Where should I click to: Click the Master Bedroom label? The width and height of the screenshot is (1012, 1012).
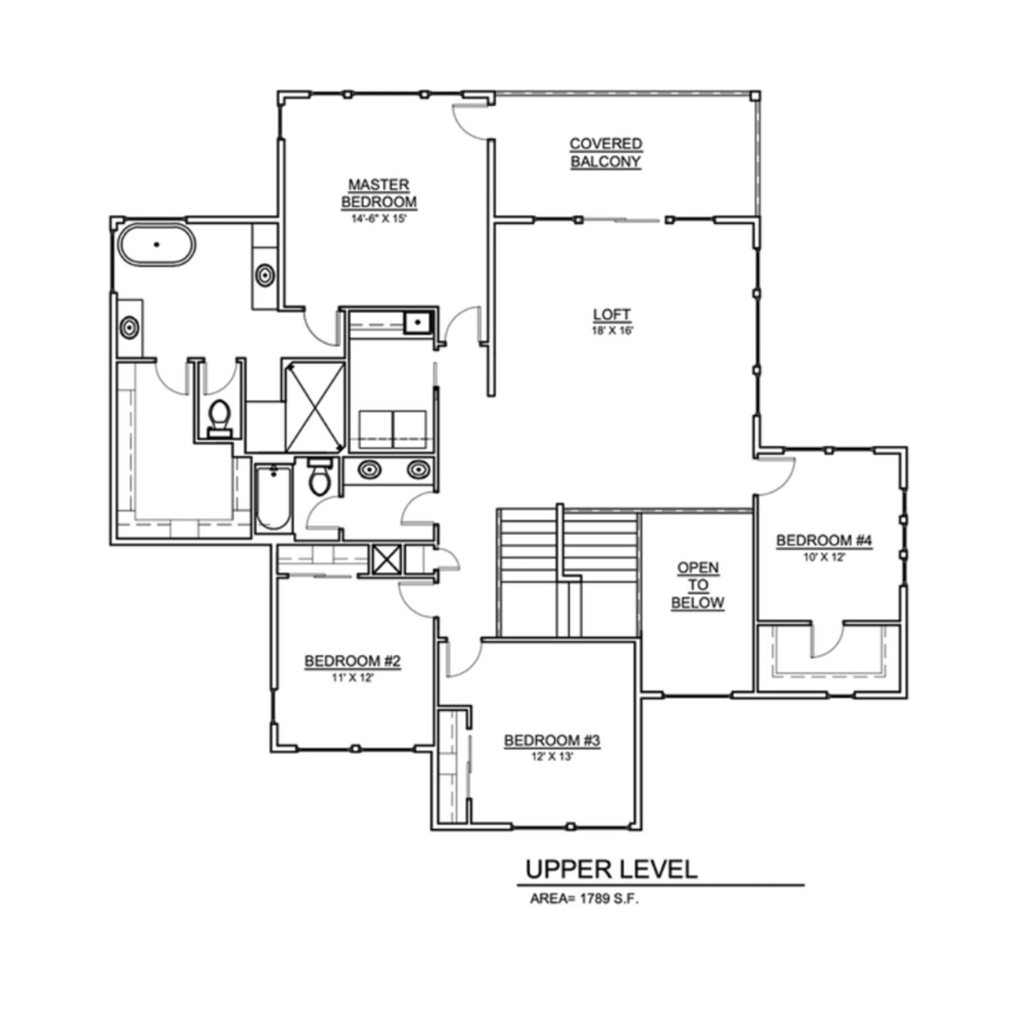pos(378,193)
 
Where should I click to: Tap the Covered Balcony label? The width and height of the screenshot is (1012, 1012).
pos(605,152)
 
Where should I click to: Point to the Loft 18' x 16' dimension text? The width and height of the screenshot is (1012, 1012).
pos(612,331)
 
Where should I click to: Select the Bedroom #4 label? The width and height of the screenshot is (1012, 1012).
pos(824,540)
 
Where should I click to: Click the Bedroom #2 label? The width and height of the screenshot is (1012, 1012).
pos(353,661)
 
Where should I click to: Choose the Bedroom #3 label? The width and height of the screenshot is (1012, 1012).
pos(552,741)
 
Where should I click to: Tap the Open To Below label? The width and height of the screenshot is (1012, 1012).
pos(698,585)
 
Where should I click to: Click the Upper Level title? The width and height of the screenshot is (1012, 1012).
pos(611,869)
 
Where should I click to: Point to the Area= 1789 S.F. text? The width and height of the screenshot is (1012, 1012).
pos(584,899)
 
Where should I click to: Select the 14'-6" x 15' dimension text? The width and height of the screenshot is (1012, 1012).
pos(378,219)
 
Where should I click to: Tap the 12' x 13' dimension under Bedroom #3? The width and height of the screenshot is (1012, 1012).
pos(552,757)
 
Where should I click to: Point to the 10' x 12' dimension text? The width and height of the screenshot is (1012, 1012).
pos(824,557)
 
